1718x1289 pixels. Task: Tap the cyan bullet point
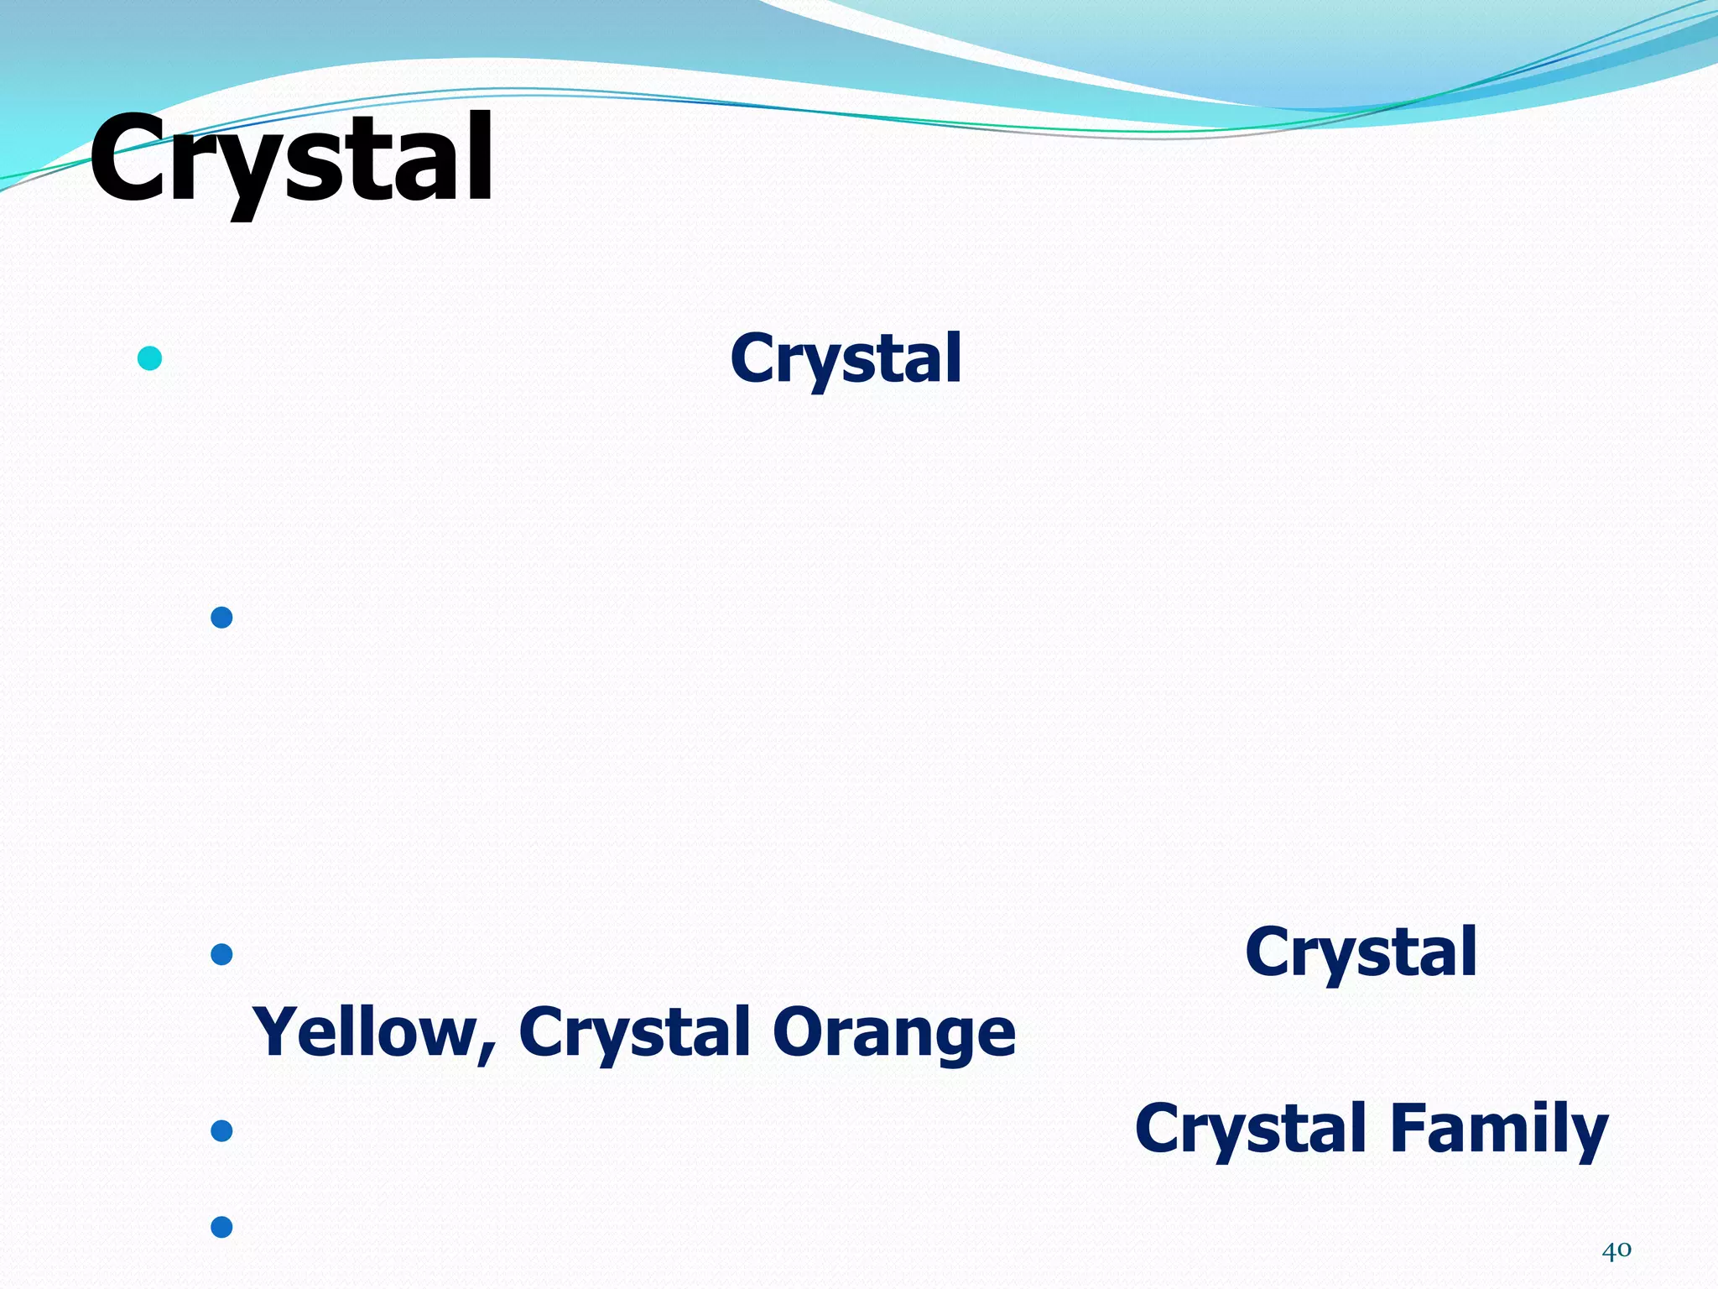[x=149, y=358]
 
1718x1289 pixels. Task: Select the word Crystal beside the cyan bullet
[x=846, y=359]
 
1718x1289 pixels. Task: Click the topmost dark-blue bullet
[x=221, y=618]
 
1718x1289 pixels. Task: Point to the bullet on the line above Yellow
[x=221, y=954]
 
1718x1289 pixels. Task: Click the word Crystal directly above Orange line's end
[x=1360, y=952]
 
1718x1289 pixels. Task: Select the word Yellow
[x=365, y=1032]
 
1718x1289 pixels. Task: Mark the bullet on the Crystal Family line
[x=221, y=1131]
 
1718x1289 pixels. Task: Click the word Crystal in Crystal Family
[x=1251, y=1129]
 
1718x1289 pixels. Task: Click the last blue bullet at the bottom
[x=221, y=1227]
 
